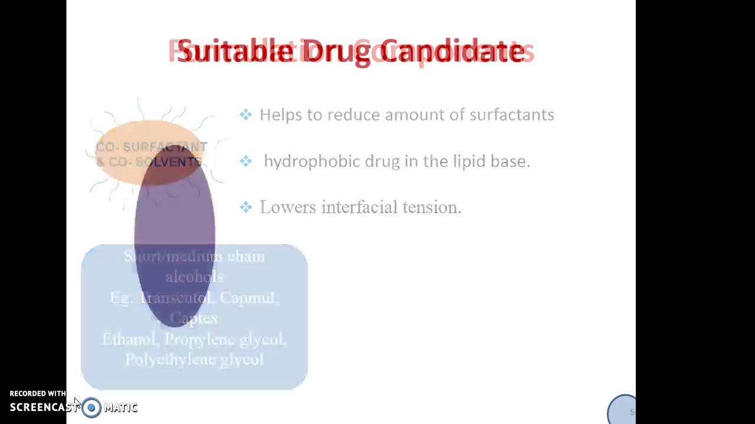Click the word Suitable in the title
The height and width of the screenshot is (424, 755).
click(x=235, y=51)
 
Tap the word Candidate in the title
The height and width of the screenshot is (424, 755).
click(x=452, y=51)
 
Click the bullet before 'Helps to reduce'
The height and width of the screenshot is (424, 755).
click(x=246, y=115)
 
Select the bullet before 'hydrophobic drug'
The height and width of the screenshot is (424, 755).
click(x=246, y=161)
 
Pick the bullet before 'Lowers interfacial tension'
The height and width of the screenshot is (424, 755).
click(x=246, y=207)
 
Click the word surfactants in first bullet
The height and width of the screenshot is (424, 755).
click(x=511, y=115)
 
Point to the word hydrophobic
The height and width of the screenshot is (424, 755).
click(x=311, y=161)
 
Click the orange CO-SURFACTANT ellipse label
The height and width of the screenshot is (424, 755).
click(x=150, y=154)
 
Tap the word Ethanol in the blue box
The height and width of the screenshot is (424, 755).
click(x=130, y=339)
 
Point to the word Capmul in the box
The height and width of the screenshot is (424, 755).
click(x=248, y=298)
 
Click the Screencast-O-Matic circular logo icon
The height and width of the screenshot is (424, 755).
click(x=91, y=408)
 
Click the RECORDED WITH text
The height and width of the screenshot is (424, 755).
click(x=38, y=393)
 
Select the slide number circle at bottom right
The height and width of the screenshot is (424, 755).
click(x=623, y=410)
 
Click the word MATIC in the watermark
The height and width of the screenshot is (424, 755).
click(x=121, y=408)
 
